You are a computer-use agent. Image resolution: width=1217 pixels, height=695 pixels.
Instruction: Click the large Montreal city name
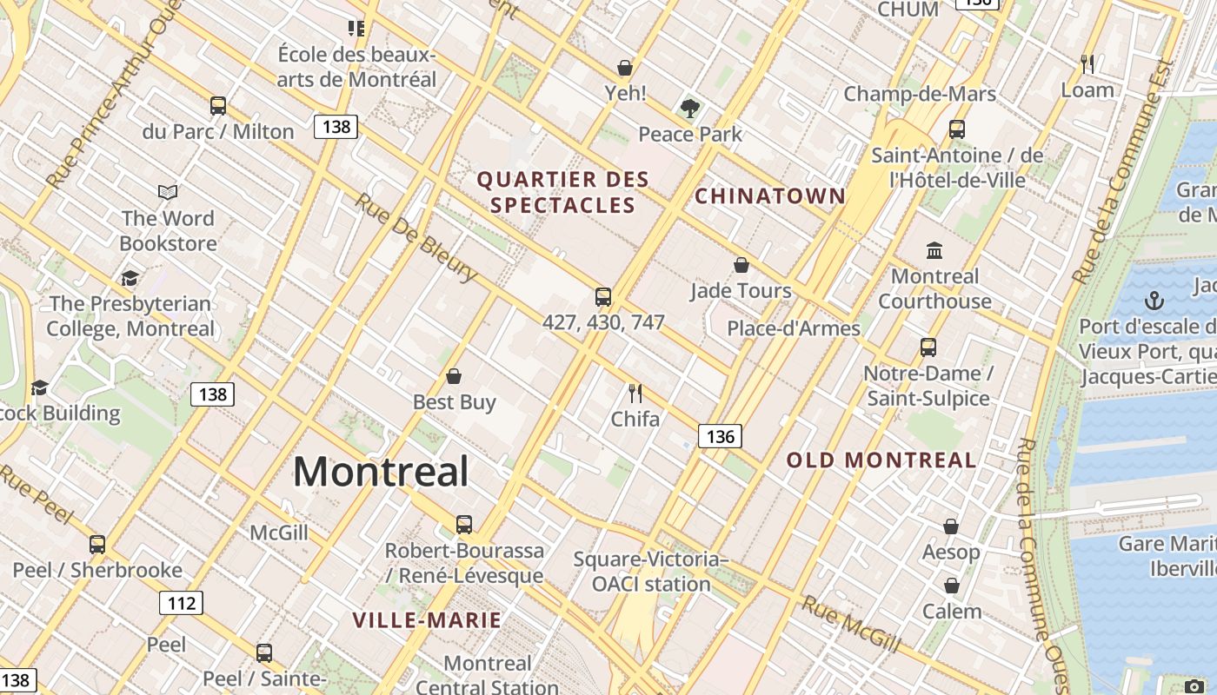(381, 472)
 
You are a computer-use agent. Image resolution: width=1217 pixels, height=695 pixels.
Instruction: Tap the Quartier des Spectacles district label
(563, 192)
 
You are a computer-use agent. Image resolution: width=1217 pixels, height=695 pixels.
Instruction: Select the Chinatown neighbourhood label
(769, 195)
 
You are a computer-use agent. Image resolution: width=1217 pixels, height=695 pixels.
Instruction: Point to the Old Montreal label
(881, 460)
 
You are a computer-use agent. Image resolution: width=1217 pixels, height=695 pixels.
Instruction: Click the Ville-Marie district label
(427, 619)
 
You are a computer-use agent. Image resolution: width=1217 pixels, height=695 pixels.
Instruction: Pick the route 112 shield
(181, 603)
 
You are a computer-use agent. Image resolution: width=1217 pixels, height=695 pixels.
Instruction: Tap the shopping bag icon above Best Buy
(453, 376)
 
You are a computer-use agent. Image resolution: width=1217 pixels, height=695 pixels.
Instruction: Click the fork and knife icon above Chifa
(635, 394)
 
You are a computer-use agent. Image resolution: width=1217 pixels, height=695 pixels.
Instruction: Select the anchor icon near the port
(1154, 301)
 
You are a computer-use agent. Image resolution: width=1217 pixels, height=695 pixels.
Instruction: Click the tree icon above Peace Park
(690, 109)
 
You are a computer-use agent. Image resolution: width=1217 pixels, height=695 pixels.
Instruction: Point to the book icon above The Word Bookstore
(168, 192)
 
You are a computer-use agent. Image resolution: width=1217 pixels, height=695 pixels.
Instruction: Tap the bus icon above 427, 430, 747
(603, 297)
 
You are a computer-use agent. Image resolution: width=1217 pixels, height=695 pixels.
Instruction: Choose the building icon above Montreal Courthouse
(934, 251)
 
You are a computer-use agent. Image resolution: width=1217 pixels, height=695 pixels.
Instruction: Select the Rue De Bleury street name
(416, 236)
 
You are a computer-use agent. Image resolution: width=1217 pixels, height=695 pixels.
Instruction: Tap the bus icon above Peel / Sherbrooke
(97, 545)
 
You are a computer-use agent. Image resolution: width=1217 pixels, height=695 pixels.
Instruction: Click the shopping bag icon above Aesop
(951, 526)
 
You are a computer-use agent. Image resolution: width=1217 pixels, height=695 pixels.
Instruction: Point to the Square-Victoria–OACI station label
(651, 571)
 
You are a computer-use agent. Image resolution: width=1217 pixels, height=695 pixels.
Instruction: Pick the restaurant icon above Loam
(1087, 63)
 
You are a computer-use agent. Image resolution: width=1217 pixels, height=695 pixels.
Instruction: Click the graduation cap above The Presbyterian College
(130, 278)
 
